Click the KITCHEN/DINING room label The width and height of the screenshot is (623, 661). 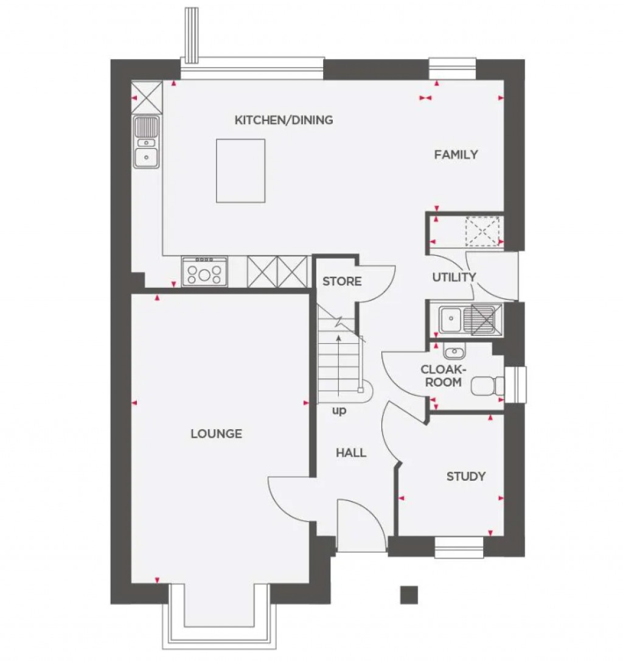284,120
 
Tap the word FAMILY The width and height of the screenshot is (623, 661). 456,155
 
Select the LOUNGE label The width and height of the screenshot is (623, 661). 216,434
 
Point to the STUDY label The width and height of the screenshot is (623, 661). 466,476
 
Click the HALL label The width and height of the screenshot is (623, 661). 351,453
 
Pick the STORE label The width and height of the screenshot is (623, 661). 342,281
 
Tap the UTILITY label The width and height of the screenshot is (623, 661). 454,278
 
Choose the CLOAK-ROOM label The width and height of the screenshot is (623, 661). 444,376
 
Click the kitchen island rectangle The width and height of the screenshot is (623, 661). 240,170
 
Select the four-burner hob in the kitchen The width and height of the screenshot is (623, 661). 205,271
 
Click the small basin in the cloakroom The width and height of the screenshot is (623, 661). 453,351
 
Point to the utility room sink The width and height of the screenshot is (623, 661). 451,318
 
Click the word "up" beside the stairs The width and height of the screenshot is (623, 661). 339,411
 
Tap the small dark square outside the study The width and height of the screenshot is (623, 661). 409,595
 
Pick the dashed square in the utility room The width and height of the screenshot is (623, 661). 481,230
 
